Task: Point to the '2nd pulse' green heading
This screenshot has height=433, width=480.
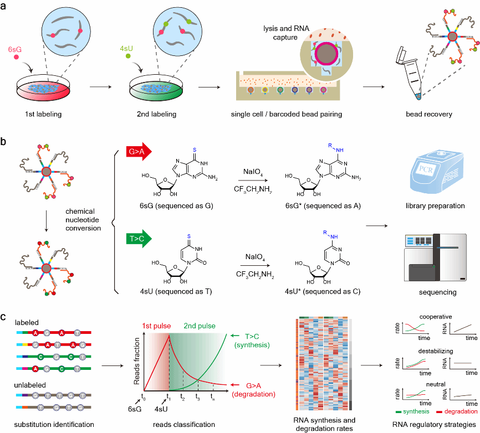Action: click(200, 326)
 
